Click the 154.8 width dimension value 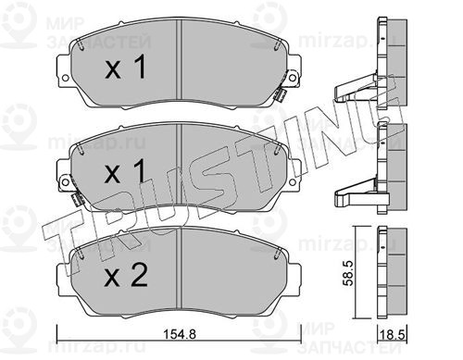[179, 334]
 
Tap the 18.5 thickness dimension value [393, 335]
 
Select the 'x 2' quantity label [126, 276]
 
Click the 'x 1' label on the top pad [125, 67]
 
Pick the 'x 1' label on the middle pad [125, 171]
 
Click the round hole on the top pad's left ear [65, 78]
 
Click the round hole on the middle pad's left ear [65, 182]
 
